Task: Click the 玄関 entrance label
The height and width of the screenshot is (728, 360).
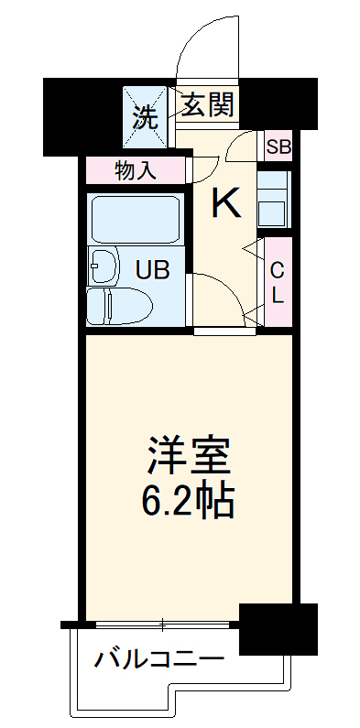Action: click(206, 105)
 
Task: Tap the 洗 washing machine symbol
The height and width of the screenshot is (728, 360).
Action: click(145, 115)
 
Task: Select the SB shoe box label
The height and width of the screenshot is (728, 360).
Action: click(277, 145)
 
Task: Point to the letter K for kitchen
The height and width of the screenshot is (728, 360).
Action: click(226, 203)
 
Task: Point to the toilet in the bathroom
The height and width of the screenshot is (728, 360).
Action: click(120, 305)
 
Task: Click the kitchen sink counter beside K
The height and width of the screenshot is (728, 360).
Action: click(275, 199)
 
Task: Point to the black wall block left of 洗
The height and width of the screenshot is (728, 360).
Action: click(82, 114)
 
